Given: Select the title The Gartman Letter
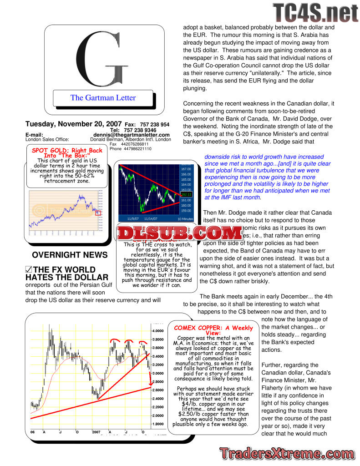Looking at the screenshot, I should point(103,97).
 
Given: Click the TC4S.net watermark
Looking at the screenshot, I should point(315,13).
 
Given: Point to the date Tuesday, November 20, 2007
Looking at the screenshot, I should point(73,124).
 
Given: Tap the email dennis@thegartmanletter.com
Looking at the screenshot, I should point(132,135).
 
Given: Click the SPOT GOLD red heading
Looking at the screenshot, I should point(67,152).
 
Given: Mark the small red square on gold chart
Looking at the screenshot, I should point(98,213).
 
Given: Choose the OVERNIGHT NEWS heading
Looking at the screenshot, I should point(70,255).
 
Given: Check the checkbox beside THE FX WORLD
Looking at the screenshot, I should point(29,270).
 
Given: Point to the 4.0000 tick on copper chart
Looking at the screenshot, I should point(157,331).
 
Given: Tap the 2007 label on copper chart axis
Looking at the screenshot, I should point(97,431).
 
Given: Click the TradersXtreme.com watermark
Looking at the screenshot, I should point(287,453).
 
